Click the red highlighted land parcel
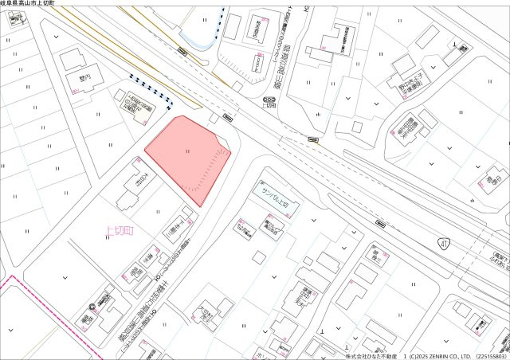pyautogui.click(x=185, y=155)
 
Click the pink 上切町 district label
pyautogui.click(x=120, y=232)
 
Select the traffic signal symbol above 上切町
pyautogui.click(x=269, y=100)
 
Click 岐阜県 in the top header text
pyautogui.click(x=10, y=4)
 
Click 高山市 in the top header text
pyautogui.click(x=30, y=4)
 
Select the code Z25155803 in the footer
pyautogui.click(x=492, y=355)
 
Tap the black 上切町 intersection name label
pyautogui.click(x=269, y=106)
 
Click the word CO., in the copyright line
pyautogui.click(x=452, y=355)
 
